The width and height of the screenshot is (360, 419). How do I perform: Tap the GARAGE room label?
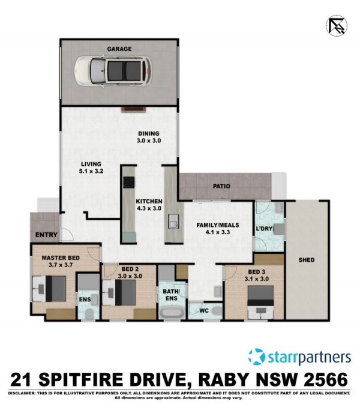point(119,49)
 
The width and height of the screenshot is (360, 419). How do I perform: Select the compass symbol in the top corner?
point(337,26)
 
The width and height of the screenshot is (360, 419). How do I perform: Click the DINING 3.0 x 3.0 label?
point(149,137)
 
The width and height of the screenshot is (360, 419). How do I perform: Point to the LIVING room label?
point(91,164)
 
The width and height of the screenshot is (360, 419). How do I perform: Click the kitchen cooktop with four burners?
point(129,182)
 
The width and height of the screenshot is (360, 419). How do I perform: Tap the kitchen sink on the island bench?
point(173,222)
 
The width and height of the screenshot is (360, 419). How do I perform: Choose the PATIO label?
point(221,186)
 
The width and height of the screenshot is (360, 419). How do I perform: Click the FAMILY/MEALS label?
point(218,225)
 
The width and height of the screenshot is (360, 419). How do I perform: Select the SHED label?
point(307,260)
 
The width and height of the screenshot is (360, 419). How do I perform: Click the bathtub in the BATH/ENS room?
point(172,313)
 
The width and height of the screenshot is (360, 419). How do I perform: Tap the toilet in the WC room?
point(217,311)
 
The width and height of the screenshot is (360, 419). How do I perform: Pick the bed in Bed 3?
point(260,302)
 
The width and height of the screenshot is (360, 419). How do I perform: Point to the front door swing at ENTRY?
point(67,234)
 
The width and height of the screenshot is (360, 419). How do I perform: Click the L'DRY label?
point(264,229)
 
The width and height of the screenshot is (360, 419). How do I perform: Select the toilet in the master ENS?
point(89,315)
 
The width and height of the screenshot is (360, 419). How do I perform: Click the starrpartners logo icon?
point(257,357)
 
